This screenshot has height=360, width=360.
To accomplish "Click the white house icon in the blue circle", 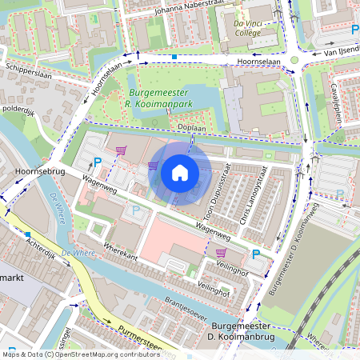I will tap(180, 173).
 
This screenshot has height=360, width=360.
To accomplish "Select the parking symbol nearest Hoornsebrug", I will tap(98, 162).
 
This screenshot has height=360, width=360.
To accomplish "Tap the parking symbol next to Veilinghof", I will tap(255, 254).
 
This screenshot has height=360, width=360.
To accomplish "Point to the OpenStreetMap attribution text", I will tap(70, 354).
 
